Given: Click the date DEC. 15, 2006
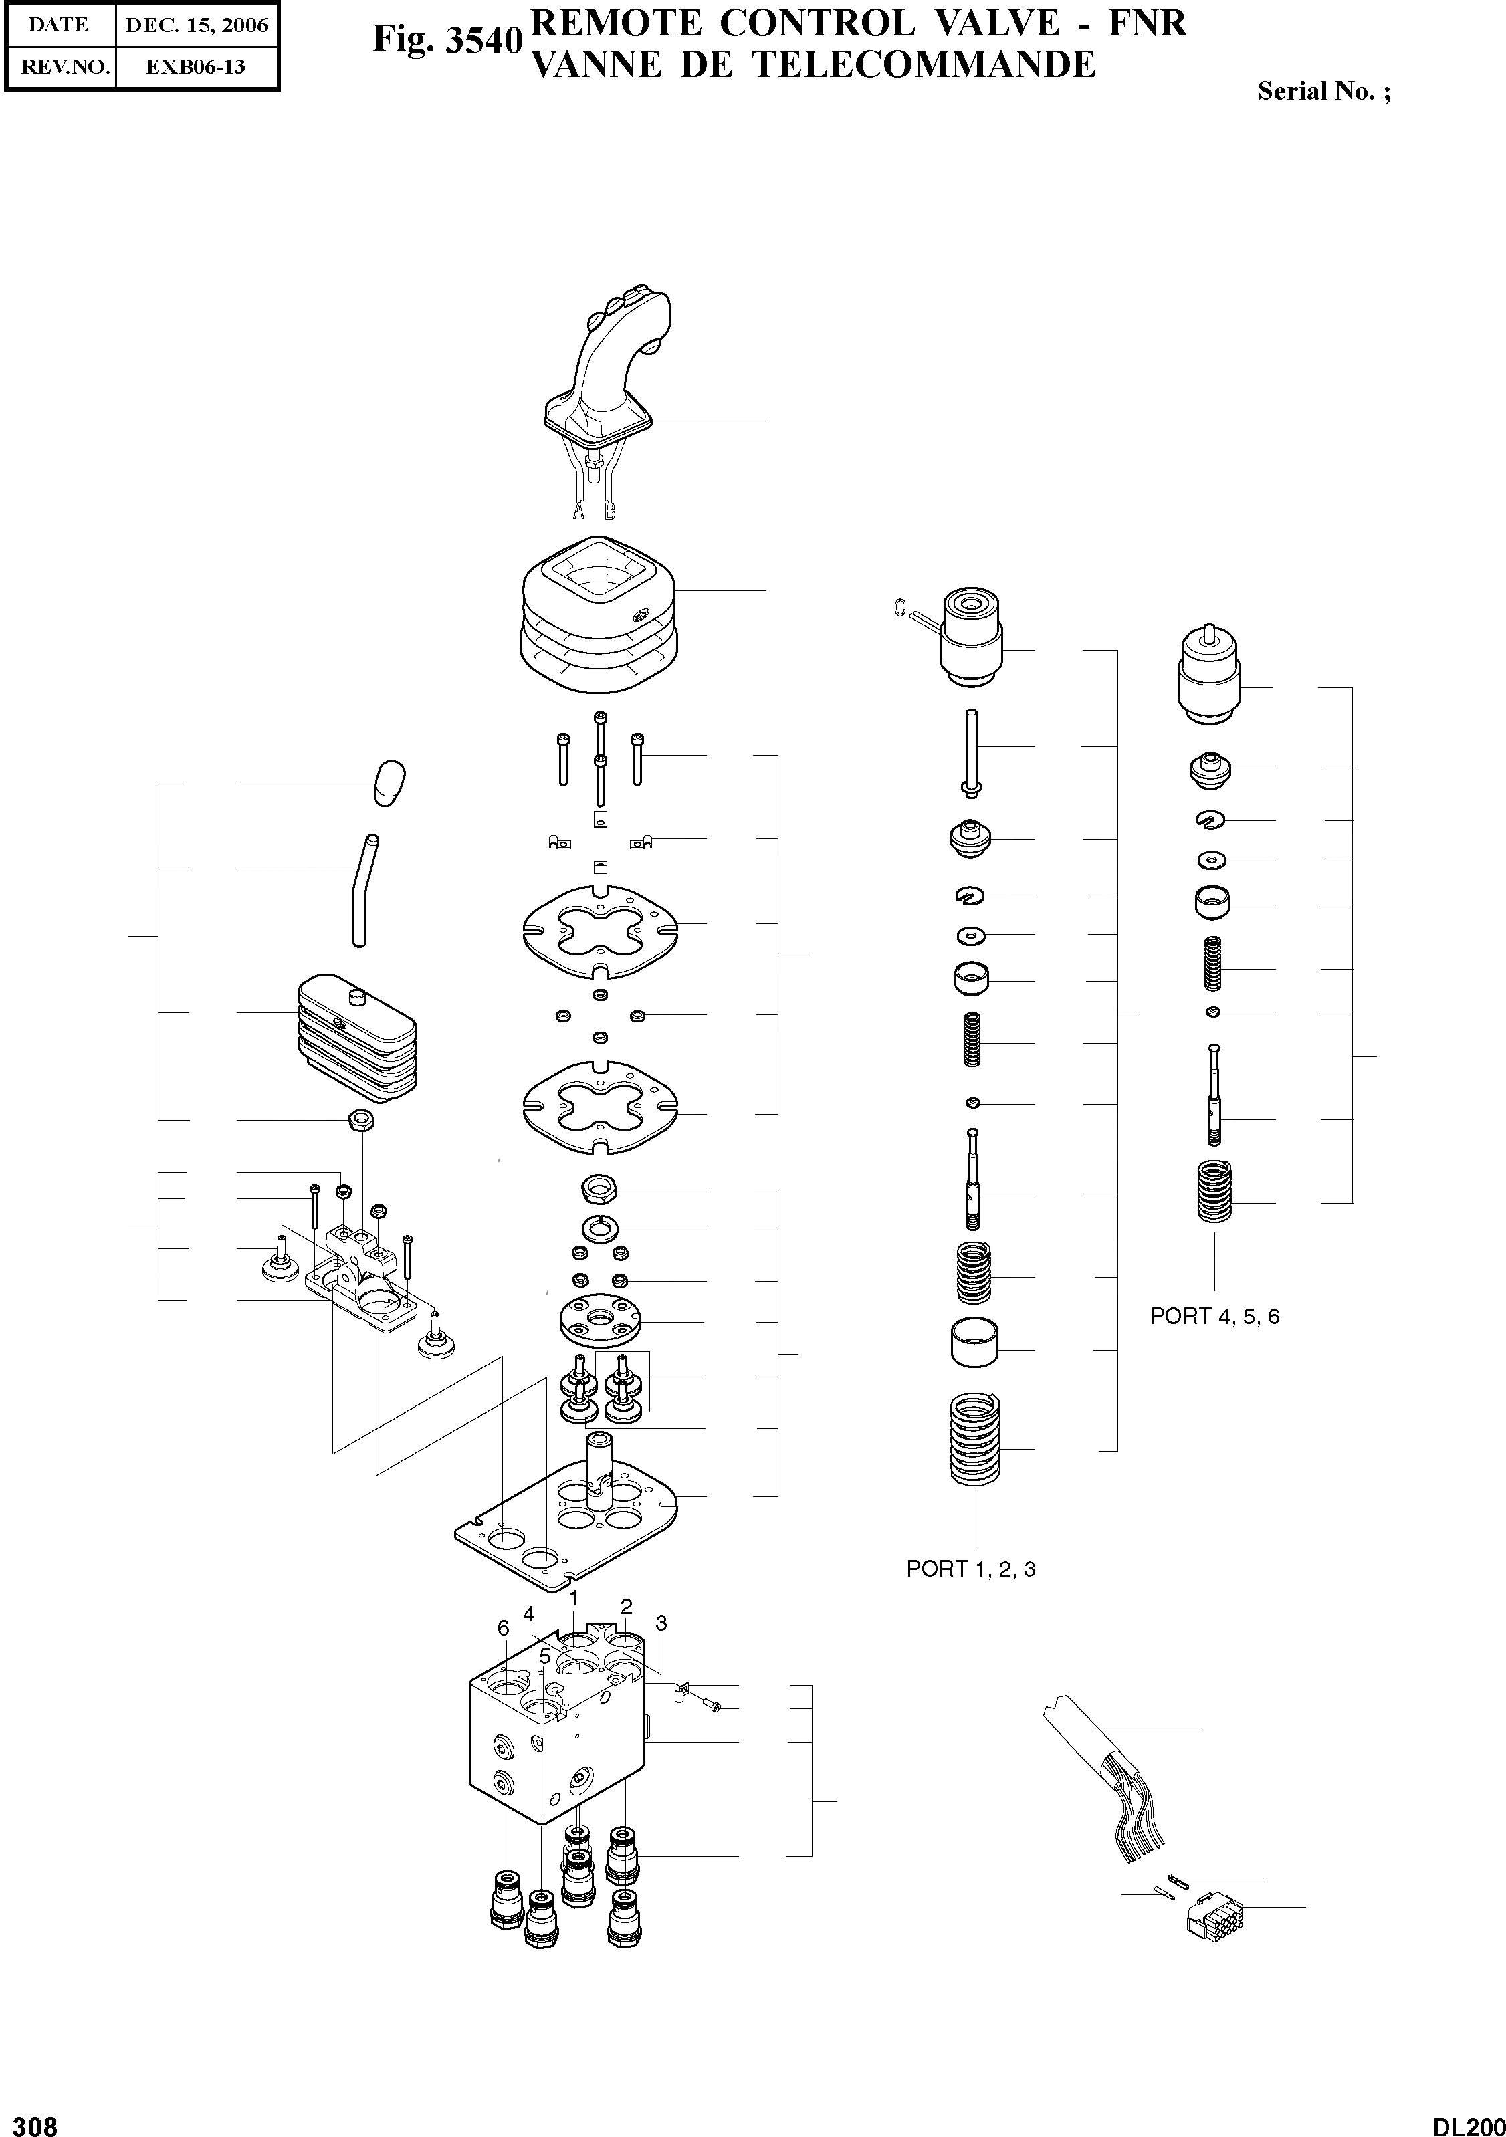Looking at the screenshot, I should tap(197, 25).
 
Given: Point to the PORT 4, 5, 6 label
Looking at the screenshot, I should tap(1214, 1316).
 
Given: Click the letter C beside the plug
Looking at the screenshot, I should tap(899, 608).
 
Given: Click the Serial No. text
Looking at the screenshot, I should tap(1323, 91).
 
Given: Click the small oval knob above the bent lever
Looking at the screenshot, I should tap(390, 783).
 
